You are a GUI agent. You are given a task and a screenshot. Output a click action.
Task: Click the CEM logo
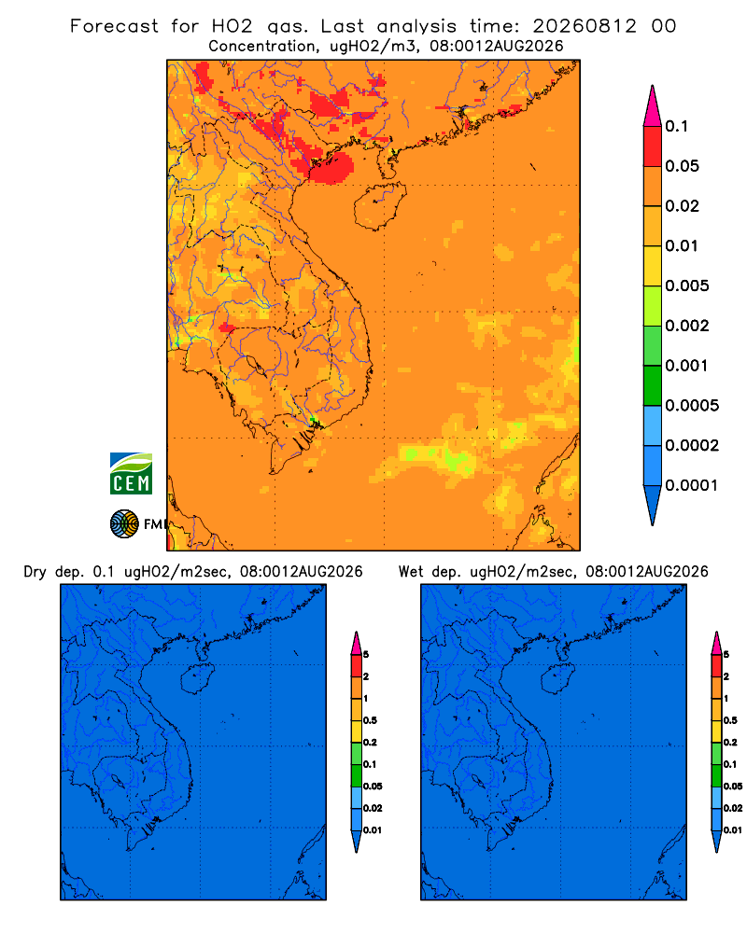(x=131, y=474)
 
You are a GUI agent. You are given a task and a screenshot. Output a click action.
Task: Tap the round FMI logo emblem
(x=124, y=524)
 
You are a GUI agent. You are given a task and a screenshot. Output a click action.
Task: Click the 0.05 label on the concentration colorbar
(x=682, y=166)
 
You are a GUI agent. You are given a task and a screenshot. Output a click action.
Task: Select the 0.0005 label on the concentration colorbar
(x=692, y=406)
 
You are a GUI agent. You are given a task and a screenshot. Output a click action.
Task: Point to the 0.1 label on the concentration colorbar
(x=677, y=126)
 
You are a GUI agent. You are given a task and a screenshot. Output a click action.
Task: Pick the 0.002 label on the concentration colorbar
(x=687, y=326)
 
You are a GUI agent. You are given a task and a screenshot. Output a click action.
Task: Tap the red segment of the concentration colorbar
(x=653, y=146)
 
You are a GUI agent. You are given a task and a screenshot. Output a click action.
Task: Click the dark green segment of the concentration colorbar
(x=653, y=385)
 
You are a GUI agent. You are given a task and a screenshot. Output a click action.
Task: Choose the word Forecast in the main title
(x=114, y=26)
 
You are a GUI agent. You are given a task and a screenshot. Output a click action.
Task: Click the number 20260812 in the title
(x=585, y=26)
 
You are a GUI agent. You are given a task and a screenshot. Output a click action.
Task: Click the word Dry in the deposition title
(x=35, y=573)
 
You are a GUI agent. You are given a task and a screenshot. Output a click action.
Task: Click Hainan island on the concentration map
(x=379, y=206)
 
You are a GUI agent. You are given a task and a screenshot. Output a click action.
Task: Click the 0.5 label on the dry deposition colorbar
(x=370, y=720)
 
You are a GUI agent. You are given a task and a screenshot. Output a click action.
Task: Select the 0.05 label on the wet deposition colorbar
(x=733, y=787)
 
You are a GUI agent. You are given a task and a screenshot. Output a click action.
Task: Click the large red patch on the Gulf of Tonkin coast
(x=331, y=167)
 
